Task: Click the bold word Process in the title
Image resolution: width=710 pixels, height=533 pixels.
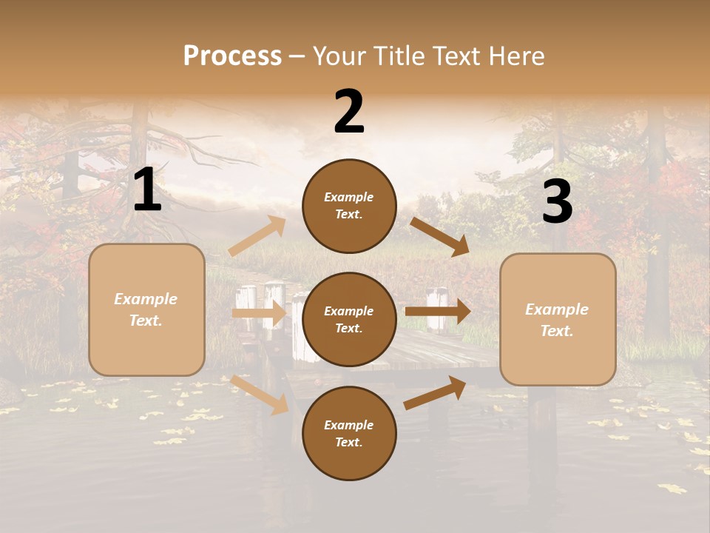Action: click(x=232, y=56)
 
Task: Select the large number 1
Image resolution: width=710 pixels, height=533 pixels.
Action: click(x=147, y=190)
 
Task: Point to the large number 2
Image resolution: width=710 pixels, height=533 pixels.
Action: click(x=349, y=112)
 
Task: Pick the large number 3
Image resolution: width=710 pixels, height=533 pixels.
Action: click(x=557, y=202)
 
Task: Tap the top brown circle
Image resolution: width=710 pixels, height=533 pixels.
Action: click(x=349, y=206)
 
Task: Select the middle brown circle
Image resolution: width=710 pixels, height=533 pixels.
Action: click(x=349, y=319)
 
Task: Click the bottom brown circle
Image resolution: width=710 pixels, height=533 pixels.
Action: click(x=349, y=433)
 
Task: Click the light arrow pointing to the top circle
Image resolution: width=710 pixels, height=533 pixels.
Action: click(x=257, y=236)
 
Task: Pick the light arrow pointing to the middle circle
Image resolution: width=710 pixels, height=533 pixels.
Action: click(x=259, y=313)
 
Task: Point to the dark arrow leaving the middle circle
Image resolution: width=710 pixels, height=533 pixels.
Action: click(x=438, y=312)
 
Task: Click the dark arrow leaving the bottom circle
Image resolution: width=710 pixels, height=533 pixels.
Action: click(x=435, y=392)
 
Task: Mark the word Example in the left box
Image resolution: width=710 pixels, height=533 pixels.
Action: click(x=146, y=299)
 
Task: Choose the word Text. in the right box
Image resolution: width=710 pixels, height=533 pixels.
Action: click(x=557, y=331)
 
